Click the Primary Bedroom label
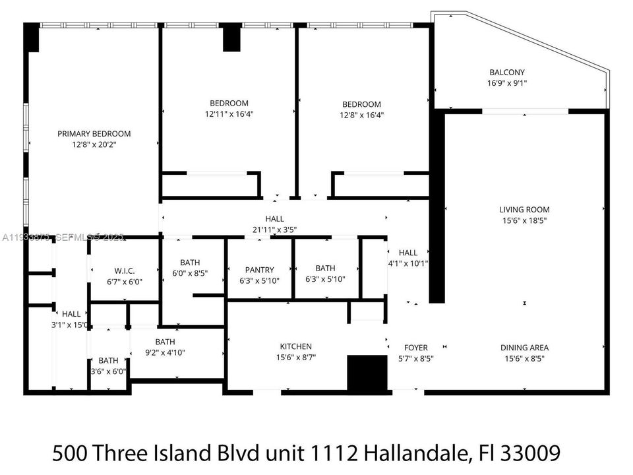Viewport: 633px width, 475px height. click(x=94, y=133)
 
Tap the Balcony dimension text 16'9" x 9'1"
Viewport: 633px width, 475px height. click(x=507, y=84)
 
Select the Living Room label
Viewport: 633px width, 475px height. click(x=524, y=210)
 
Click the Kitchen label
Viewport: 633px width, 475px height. click(x=295, y=346)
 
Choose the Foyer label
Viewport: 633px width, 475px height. click(x=415, y=348)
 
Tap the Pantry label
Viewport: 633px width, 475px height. click(x=259, y=270)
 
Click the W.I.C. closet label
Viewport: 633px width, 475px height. click(x=124, y=270)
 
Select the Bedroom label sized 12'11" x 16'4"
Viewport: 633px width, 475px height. click(x=229, y=103)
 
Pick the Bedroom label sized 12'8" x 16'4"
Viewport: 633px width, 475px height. click(x=361, y=104)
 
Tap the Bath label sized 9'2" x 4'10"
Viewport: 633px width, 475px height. click(x=165, y=342)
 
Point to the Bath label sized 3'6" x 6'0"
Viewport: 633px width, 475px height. click(x=109, y=361)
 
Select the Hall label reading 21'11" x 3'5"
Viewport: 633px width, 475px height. click(x=274, y=219)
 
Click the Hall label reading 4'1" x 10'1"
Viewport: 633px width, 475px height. click(x=408, y=252)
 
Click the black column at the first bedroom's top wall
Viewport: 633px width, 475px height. click(x=232, y=38)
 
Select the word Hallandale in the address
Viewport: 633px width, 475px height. click(x=425, y=453)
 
